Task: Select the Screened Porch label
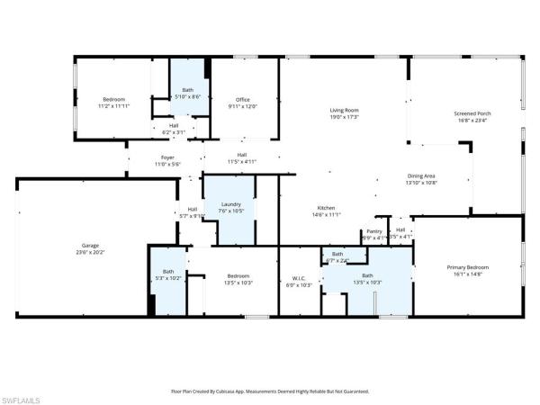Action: tap(472, 113)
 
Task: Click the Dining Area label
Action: tap(422, 175)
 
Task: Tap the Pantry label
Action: tap(374, 231)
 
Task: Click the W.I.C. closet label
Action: tap(298, 277)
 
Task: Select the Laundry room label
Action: tap(230, 204)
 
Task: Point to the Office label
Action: tap(242, 99)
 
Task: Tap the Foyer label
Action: tap(168, 157)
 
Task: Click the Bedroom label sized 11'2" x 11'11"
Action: tap(113, 99)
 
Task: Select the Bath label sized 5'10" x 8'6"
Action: tap(187, 89)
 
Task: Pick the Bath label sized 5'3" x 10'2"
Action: tap(168, 271)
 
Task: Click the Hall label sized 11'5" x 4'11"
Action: tap(242, 154)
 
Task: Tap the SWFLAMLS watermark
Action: tap(24, 397)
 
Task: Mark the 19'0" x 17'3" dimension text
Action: tap(344, 118)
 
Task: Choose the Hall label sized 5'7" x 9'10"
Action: tap(193, 209)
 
